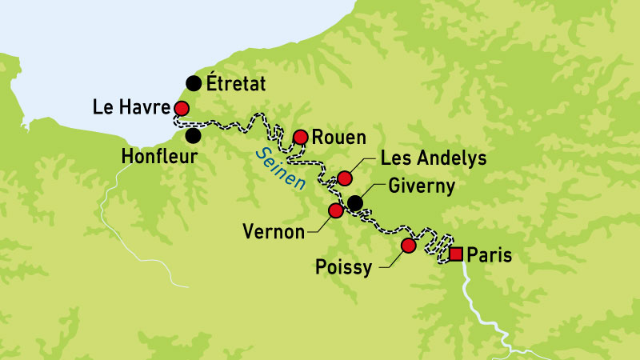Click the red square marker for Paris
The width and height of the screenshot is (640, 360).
click(456, 254)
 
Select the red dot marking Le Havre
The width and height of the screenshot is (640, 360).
click(182, 109)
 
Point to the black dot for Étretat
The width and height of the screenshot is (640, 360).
click(193, 82)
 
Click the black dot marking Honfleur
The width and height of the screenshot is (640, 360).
click(193, 134)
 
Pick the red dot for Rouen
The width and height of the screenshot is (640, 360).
click(301, 137)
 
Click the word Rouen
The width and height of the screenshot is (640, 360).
click(338, 136)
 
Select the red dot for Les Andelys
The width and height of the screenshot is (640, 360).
click(345, 178)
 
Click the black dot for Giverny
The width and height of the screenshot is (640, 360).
click(354, 203)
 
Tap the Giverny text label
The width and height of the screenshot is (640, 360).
click(421, 186)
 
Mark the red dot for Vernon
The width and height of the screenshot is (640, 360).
click(336, 210)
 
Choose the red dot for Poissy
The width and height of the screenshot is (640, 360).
click(408, 246)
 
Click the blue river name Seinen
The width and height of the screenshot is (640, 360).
click(275, 168)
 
